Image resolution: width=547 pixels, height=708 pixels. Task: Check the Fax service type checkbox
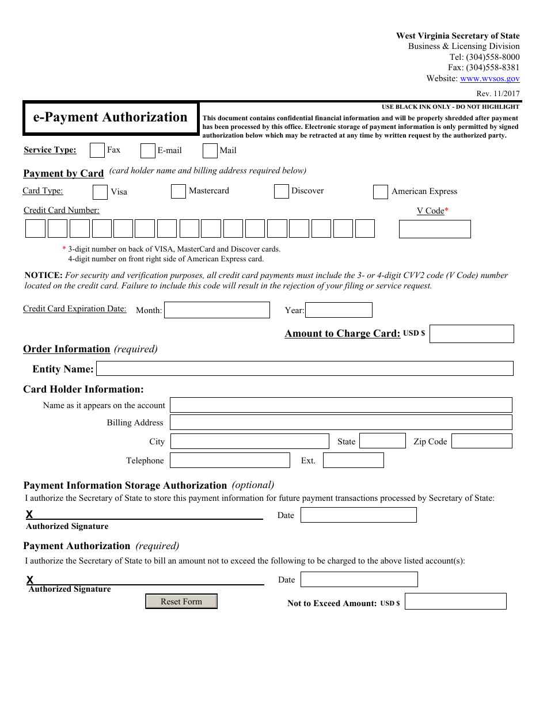(97, 150)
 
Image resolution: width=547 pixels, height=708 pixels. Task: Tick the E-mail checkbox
(148, 151)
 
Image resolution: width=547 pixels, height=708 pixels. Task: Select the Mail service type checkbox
(210, 151)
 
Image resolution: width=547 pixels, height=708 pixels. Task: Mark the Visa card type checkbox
(100, 192)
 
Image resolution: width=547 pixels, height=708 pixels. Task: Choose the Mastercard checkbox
(178, 191)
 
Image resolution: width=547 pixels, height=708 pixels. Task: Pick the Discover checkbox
(282, 191)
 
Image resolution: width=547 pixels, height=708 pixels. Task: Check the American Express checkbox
(381, 192)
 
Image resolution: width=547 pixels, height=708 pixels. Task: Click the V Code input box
(435, 229)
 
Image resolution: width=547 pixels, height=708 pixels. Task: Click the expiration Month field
(217, 310)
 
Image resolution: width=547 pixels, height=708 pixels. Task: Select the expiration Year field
(339, 310)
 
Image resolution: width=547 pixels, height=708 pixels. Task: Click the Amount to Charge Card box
(472, 334)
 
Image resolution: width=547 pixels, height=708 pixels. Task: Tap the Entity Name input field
(305, 368)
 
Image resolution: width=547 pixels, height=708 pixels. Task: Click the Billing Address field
(341, 422)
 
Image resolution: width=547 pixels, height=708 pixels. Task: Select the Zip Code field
(481, 441)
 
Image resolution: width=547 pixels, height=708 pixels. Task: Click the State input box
(382, 441)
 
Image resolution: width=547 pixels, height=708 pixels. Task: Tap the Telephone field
(230, 460)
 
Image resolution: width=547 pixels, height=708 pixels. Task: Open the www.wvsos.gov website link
(489, 79)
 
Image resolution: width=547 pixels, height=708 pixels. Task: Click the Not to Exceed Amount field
(455, 602)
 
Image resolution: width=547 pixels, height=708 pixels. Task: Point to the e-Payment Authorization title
(111, 117)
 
